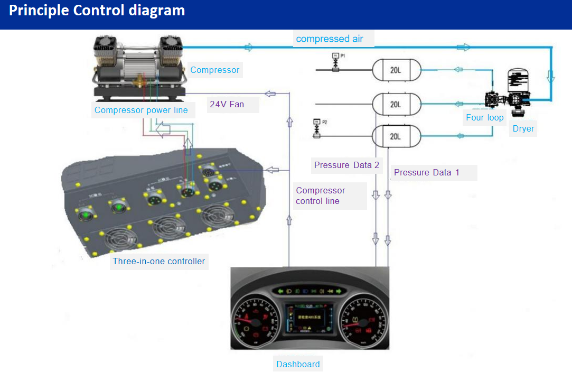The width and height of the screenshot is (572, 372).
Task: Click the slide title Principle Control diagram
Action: point(97,10)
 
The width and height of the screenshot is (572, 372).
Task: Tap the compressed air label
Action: point(330,39)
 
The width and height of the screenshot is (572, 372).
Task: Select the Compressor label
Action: point(214,70)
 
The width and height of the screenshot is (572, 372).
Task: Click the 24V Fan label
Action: point(227,104)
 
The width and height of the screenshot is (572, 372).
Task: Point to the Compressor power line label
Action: point(141,110)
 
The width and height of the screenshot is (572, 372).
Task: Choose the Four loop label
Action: point(484,117)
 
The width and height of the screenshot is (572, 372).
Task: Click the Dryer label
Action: point(523,128)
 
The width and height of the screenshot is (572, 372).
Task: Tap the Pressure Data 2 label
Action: point(346,165)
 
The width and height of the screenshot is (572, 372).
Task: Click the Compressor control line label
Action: point(321,196)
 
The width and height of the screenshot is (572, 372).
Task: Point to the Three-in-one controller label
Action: point(158,261)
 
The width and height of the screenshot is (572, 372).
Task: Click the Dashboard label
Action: point(298,364)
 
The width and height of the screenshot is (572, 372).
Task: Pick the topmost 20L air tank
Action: point(396,70)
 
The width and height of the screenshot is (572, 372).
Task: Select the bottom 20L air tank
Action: point(396,136)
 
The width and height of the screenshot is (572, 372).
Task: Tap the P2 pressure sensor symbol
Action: point(317,128)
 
